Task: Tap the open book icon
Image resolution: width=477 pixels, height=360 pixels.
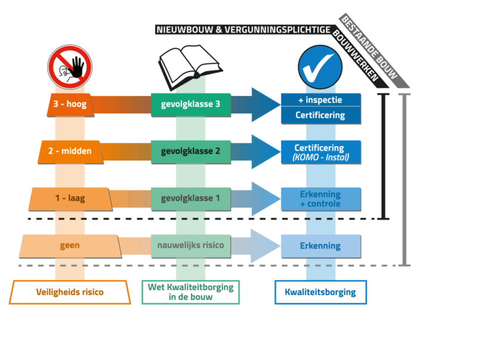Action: point(191,66)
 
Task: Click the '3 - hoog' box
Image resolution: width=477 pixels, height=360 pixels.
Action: point(70,104)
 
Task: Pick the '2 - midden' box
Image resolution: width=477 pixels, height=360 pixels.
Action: point(71,151)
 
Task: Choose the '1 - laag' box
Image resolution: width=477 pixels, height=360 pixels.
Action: point(70,198)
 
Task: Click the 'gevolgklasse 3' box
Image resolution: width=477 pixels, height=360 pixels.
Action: point(191,104)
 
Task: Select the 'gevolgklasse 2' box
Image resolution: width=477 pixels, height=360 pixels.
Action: point(191,151)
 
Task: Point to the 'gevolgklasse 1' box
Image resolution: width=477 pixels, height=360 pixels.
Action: point(191,198)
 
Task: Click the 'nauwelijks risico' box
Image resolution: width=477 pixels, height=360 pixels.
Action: point(191,245)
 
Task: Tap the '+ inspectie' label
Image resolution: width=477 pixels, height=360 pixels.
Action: point(320,100)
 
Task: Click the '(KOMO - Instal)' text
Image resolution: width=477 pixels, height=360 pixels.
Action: point(320,157)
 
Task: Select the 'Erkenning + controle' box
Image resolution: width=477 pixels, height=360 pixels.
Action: point(320,199)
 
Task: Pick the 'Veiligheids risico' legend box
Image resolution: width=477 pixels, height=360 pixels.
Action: point(70,292)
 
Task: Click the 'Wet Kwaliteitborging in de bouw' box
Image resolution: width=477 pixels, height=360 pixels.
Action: point(191,292)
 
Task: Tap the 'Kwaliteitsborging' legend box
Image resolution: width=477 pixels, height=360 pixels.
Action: point(320,292)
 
